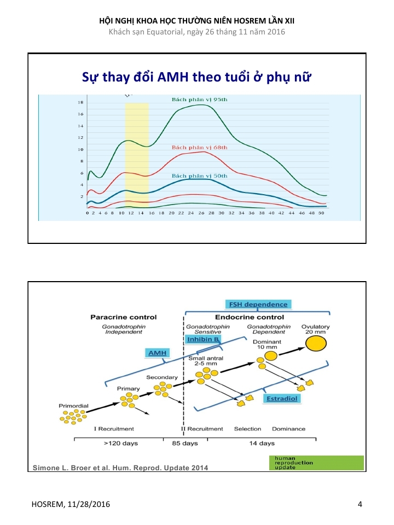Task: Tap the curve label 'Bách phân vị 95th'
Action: pos(196,100)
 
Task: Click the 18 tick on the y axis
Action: pos(80,103)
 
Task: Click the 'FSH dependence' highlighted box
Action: pos(257,304)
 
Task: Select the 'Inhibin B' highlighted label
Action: pos(203,339)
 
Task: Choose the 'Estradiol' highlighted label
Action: pos(282,399)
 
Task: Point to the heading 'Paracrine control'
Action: pos(123,317)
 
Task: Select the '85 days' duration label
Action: pos(185,443)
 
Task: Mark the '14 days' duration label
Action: pos(262,443)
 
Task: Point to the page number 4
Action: pos(360,504)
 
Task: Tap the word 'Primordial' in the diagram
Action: pos(73,406)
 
